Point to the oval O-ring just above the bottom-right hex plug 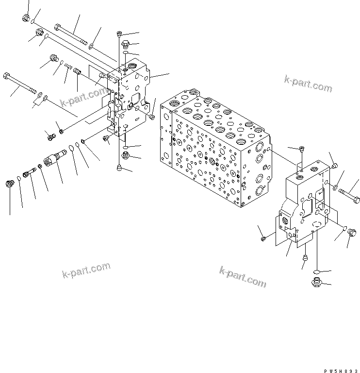tap(315, 271)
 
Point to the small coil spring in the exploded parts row tap(68, 68)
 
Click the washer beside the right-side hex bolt tap(336, 186)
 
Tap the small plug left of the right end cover tap(264, 238)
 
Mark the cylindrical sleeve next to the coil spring tap(77, 72)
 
